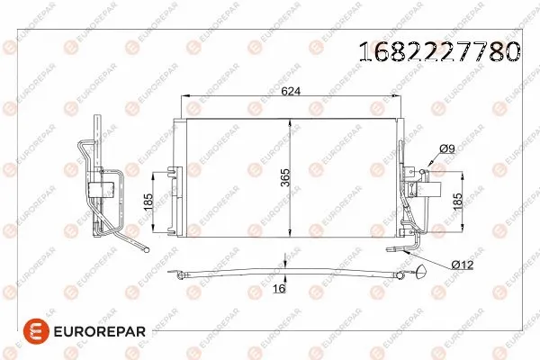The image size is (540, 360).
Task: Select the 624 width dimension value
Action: tap(290, 90)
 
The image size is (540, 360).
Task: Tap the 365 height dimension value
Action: tap(283, 179)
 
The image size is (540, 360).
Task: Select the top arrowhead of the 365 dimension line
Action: tap(291, 119)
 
